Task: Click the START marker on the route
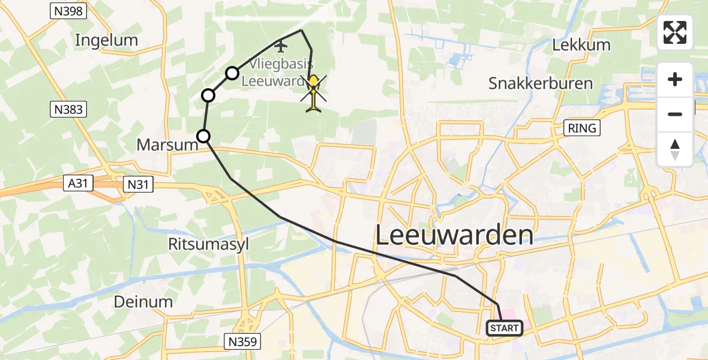tap(504, 328)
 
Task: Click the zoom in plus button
tap(675, 79)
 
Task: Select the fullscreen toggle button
tap(675, 32)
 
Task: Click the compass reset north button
tap(675, 149)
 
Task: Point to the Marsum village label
tap(167, 145)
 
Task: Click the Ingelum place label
tap(106, 40)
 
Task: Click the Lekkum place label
tap(581, 44)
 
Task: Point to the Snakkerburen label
tap(541, 83)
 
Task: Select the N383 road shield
tap(67, 109)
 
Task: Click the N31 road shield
tap(137, 185)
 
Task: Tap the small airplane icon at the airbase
tap(281, 45)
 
